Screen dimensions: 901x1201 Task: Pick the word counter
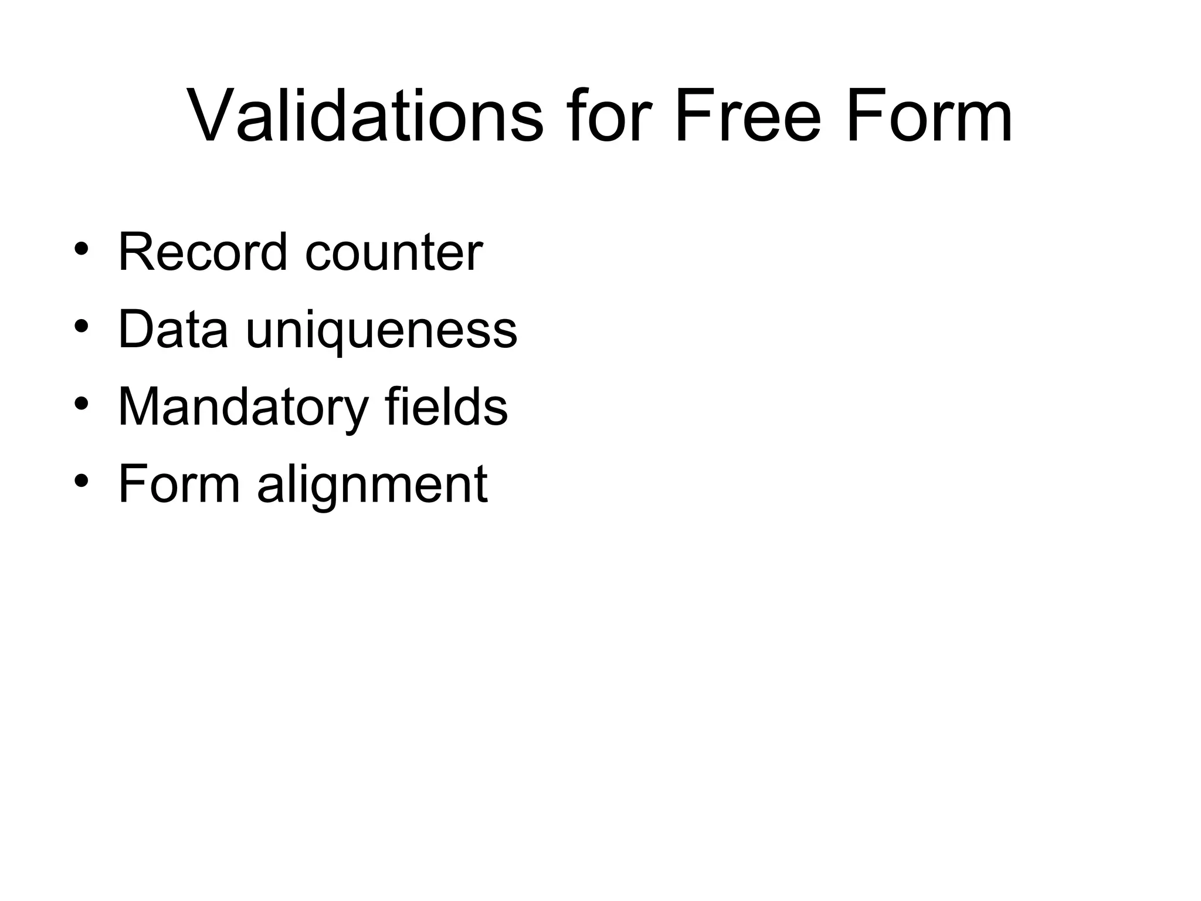393,252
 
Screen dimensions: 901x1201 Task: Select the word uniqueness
381,331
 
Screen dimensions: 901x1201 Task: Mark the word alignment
372,486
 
